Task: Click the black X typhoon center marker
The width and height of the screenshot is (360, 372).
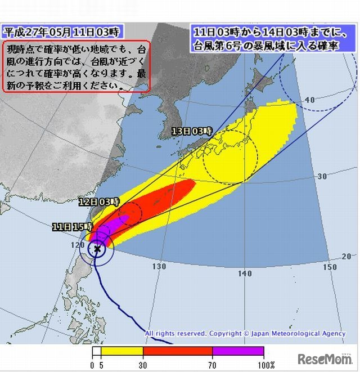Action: [97, 248]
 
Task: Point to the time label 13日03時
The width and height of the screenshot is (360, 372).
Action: [191, 131]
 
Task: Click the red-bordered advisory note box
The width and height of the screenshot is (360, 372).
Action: [76, 66]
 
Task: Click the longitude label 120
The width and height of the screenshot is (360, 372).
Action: [76, 246]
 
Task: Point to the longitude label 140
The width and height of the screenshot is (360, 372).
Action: [245, 274]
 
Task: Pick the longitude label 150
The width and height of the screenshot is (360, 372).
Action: [330, 267]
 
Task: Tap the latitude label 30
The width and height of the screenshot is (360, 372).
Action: [322, 176]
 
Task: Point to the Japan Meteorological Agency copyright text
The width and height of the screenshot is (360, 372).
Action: [245, 334]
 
